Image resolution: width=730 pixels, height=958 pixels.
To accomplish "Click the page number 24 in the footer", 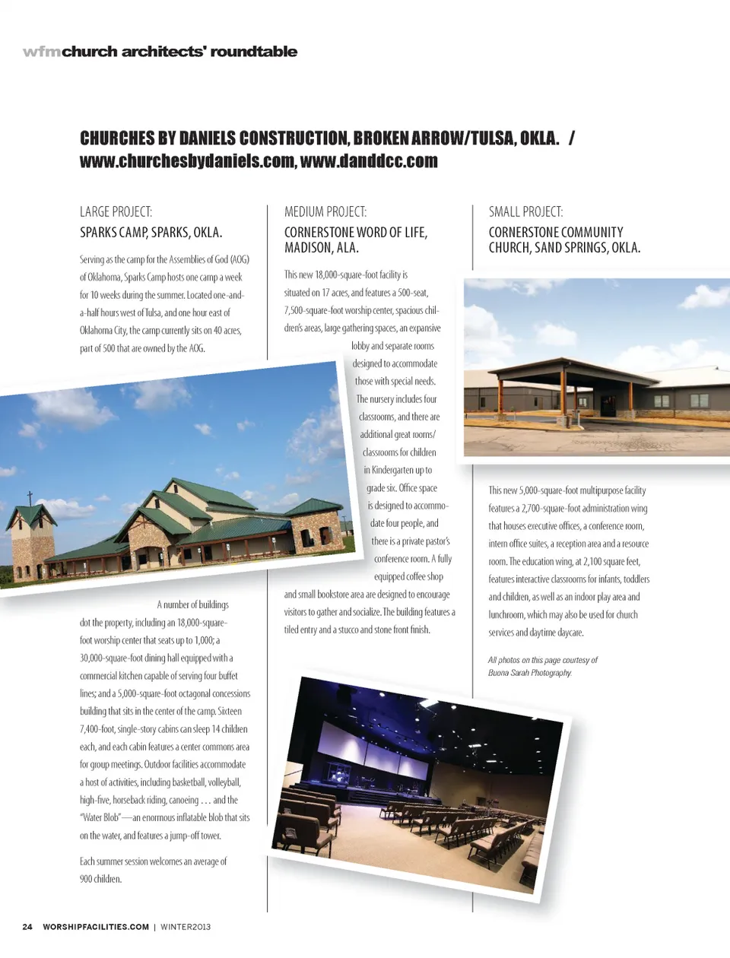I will (x=27, y=927).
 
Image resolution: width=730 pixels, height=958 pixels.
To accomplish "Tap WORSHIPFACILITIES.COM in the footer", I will (x=96, y=927).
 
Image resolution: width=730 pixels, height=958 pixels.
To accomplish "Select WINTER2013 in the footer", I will (x=186, y=927).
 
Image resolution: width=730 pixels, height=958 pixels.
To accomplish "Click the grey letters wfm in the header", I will (x=42, y=52).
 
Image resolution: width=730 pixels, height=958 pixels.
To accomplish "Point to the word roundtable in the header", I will (x=253, y=52).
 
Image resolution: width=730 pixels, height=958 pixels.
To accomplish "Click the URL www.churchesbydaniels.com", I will (x=187, y=161).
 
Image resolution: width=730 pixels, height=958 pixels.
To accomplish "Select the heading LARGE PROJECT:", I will (x=116, y=212).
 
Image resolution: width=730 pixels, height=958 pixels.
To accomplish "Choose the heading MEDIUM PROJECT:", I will (x=325, y=212).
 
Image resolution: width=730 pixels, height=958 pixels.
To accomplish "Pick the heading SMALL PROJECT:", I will (x=525, y=212).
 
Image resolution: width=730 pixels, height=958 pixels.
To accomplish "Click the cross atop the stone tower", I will (x=30, y=498).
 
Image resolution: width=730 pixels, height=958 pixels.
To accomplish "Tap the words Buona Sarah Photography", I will (x=530, y=673).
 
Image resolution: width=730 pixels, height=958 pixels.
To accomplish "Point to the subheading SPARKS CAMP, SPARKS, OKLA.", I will (x=151, y=233).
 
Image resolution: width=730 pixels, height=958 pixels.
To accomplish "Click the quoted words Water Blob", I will (x=100, y=818).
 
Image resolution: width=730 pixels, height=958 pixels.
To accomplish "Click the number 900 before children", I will (x=86, y=880).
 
